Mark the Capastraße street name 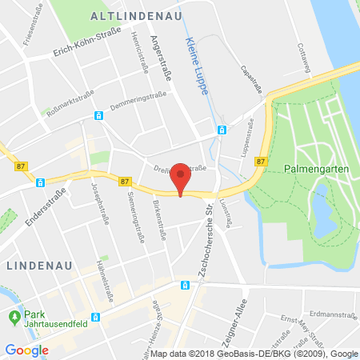(254, 78)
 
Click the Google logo (26, 349)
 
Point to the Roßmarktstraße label (62, 102)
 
